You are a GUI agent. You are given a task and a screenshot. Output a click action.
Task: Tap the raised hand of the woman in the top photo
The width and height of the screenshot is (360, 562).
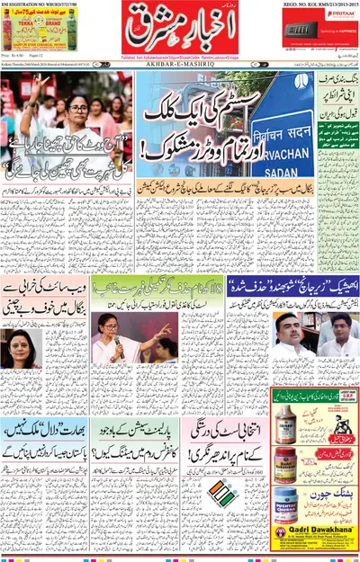pyautogui.click(x=35, y=90)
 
